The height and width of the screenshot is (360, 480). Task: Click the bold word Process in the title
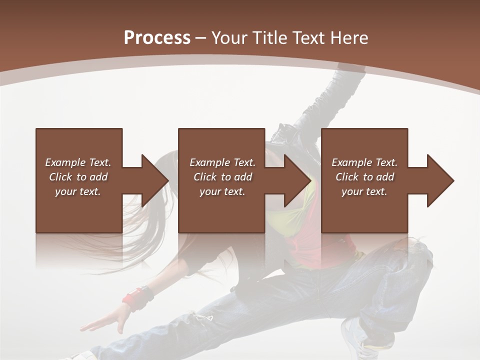[x=157, y=38]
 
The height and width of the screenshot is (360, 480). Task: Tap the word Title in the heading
[x=270, y=38]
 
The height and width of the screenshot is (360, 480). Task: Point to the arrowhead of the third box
[x=439, y=180]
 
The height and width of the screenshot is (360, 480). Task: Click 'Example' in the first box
[x=65, y=162]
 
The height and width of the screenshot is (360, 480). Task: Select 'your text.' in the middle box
[x=222, y=191]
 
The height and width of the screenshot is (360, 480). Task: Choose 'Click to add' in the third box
[x=364, y=177]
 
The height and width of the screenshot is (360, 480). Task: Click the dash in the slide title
[x=201, y=38]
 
